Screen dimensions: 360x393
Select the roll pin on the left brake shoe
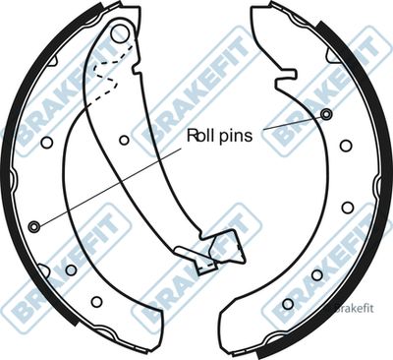[34, 226]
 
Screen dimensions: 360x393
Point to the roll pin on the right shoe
[326, 114]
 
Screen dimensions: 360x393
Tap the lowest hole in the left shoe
[96, 301]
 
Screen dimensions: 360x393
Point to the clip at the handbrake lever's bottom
[206, 262]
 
